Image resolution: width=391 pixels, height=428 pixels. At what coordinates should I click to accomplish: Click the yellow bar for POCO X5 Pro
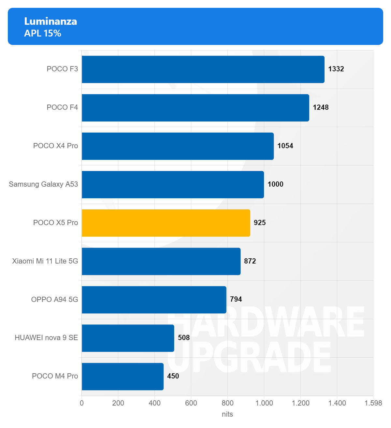pyautogui.click(x=166, y=223)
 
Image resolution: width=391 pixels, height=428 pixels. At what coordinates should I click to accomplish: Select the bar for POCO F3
pyautogui.click(x=203, y=69)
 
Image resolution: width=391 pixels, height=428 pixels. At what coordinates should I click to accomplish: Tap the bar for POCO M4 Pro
pyautogui.click(x=123, y=377)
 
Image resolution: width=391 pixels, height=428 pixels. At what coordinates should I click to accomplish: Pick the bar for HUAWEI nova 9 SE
pyautogui.click(x=128, y=338)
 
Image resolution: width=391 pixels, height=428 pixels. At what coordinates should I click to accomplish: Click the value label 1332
pyautogui.click(x=336, y=69)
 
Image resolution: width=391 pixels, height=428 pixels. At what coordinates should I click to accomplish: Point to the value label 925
pyautogui.click(x=260, y=223)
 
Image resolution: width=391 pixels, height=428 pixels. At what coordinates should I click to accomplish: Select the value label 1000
pyautogui.click(x=275, y=184)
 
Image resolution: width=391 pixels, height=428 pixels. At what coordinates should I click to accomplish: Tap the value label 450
pyautogui.click(x=173, y=376)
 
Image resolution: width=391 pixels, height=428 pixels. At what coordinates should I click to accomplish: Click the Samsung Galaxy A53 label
pyautogui.click(x=43, y=184)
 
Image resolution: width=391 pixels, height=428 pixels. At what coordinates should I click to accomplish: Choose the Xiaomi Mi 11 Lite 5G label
pyautogui.click(x=45, y=261)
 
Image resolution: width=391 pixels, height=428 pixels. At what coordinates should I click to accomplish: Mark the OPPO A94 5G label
pyautogui.click(x=54, y=300)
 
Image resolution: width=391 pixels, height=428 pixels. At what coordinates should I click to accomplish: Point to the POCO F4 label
pyautogui.click(x=62, y=107)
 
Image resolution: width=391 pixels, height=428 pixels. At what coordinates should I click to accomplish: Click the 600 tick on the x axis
pyautogui.click(x=191, y=403)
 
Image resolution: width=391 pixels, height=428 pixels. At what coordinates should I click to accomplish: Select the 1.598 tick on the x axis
pyautogui.click(x=373, y=403)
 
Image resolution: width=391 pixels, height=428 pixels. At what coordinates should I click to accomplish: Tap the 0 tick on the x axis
pyautogui.click(x=82, y=403)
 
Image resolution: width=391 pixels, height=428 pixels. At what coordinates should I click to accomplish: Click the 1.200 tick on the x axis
pyautogui.click(x=300, y=403)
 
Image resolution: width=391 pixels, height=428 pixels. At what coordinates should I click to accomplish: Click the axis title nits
pyautogui.click(x=227, y=414)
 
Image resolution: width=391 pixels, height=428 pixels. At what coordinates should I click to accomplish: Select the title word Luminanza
pyautogui.click(x=51, y=21)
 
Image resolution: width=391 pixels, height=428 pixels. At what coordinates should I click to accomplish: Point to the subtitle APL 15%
pyautogui.click(x=43, y=33)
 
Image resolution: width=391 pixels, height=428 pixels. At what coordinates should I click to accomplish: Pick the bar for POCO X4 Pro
pyautogui.click(x=178, y=146)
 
